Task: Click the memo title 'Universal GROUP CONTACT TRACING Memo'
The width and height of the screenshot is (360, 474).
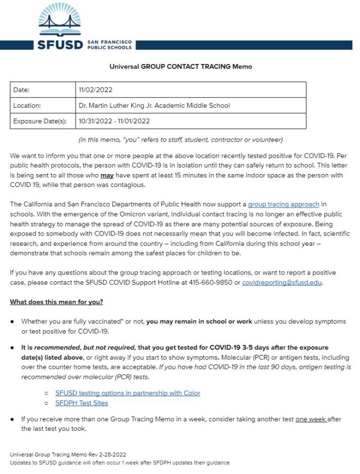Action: click(180, 66)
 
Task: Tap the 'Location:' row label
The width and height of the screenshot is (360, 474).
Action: click(27, 105)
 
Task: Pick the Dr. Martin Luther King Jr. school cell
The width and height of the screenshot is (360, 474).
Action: click(154, 105)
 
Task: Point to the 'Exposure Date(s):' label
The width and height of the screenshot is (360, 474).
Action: click(40, 121)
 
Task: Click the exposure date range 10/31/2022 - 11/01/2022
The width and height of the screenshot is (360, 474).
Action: click(114, 121)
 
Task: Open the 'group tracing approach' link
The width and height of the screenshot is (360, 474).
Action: click(283, 205)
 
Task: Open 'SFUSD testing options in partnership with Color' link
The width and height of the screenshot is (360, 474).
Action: click(128, 393)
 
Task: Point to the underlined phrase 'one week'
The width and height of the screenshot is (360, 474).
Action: click(311, 419)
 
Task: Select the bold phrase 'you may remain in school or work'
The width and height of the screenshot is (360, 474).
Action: click(199, 321)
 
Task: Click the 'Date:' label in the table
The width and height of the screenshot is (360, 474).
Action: click(21, 90)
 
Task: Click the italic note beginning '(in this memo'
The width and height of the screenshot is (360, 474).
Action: click(180, 140)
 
